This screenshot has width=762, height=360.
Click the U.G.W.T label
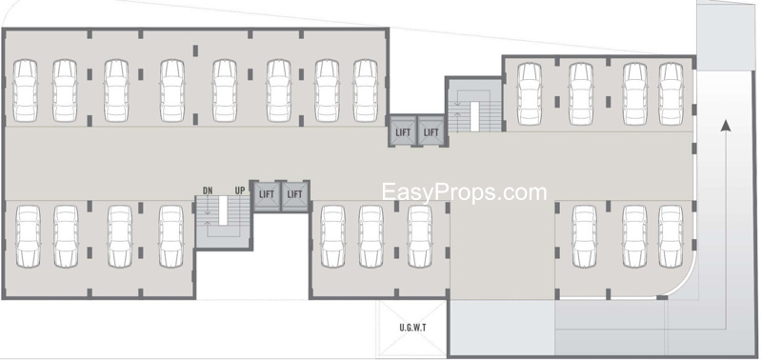(412, 328)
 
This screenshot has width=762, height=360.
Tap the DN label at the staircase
(208, 190)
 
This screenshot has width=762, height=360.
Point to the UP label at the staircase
(240, 190)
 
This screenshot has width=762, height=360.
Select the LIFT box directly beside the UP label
(267, 195)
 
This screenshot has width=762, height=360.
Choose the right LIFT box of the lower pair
(294, 195)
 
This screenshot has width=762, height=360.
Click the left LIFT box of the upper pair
(402, 130)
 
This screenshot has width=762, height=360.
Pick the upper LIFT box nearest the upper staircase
(431, 130)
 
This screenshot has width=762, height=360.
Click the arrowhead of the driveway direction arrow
(726, 125)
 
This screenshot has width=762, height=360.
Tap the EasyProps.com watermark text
(464, 192)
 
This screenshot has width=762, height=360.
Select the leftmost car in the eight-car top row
(26, 90)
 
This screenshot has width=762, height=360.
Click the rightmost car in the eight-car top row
(366, 90)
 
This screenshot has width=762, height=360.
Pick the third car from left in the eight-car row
(116, 90)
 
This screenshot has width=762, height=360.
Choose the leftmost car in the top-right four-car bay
(530, 93)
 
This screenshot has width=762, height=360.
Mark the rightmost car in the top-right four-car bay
(672, 93)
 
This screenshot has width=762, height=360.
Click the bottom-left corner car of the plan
(28, 236)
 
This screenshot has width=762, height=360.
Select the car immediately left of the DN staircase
(171, 236)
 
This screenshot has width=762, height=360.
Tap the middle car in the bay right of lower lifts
(371, 236)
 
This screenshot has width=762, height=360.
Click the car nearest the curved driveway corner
(671, 236)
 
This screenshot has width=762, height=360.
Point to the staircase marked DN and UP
(223, 222)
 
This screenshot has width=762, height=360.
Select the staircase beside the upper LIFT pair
(474, 106)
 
